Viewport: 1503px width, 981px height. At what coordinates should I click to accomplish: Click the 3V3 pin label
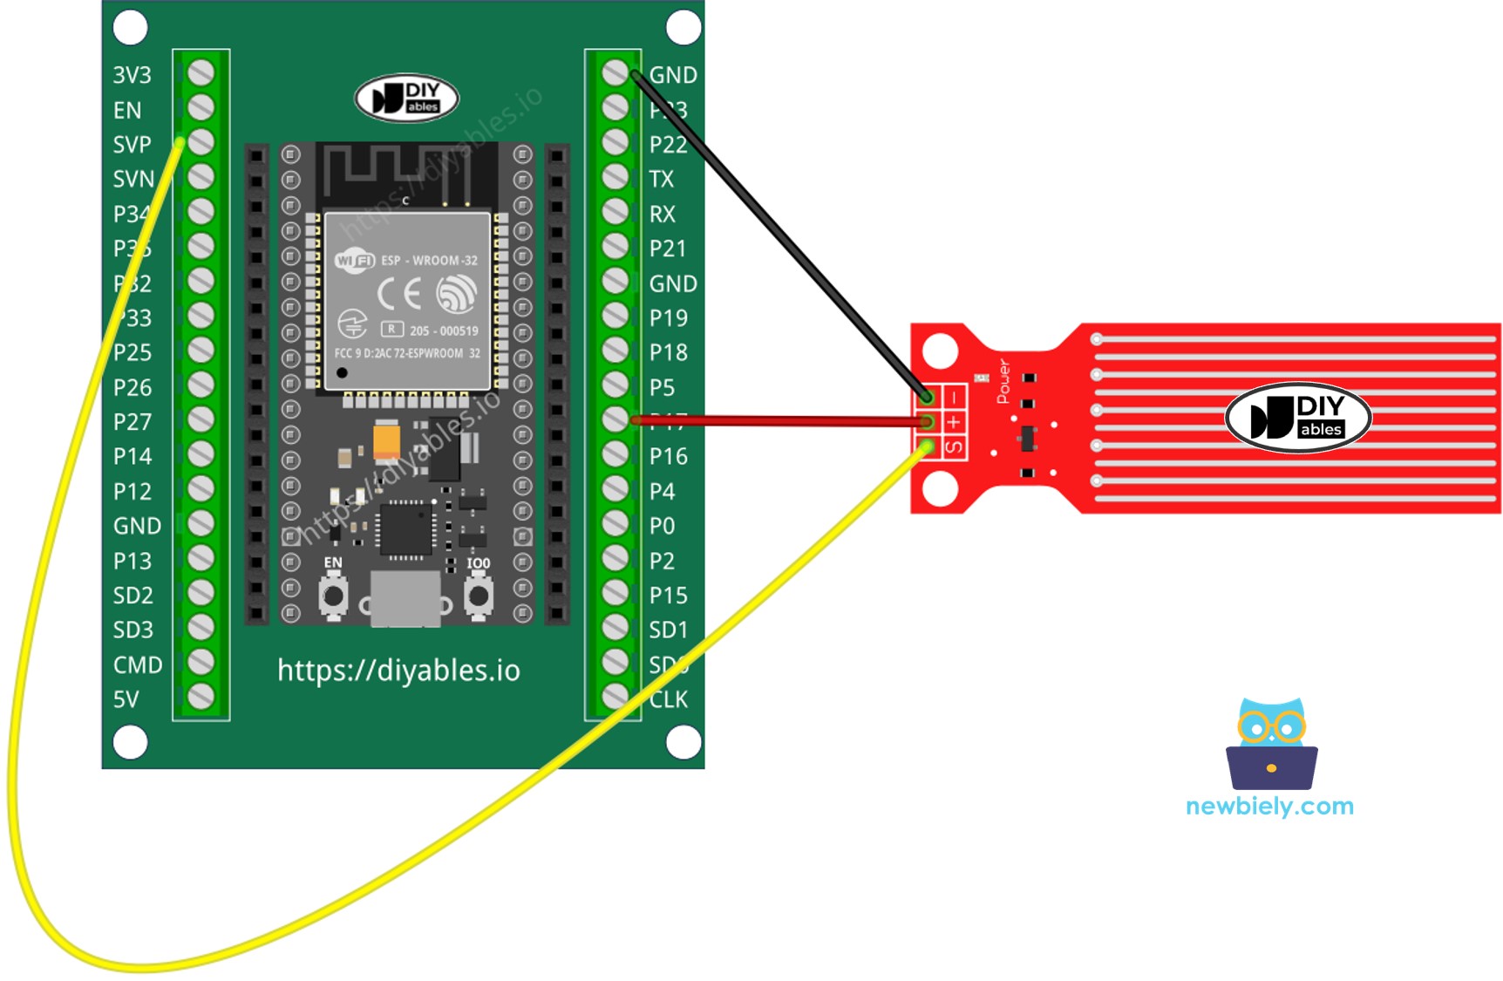pyautogui.click(x=132, y=75)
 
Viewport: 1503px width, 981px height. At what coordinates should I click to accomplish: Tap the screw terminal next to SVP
pyautogui.click(x=201, y=142)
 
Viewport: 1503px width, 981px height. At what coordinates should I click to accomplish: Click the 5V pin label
pyautogui.click(x=126, y=699)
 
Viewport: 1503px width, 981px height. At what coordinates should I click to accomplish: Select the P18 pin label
pyautogui.click(x=668, y=352)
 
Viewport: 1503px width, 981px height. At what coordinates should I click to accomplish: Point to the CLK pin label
pyautogui.click(x=669, y=699)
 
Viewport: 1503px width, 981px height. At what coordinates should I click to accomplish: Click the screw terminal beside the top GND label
pyautogui.click(x=615, y=73)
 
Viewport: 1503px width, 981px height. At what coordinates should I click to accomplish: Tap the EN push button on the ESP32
pyautogui.click(x=333, y=596)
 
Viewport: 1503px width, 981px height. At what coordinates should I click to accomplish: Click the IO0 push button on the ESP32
pyautogui.click(x=478, y=596)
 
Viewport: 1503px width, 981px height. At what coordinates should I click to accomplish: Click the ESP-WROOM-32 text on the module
pyautogui.click(x=429, y=260)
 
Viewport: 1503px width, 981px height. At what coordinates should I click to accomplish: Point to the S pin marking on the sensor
pyautogui.click(x=955, y=447)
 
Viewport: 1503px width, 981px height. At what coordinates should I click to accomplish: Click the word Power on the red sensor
pyautogui.click(x=1003, y=381)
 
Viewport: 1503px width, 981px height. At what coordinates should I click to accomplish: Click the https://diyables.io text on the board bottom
pyautogui.click(x=398, y=671)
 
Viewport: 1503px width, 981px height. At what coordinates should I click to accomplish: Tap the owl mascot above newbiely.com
pyautogui.click(x=1271, y=743)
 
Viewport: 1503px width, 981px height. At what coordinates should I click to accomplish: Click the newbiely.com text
pyautogui.click(x=1269, y=806)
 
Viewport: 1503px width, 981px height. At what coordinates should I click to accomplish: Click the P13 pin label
pyautogui.click(x=133, y=561)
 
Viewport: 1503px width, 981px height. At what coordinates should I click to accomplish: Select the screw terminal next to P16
pyautogui.click(x=615, y=454)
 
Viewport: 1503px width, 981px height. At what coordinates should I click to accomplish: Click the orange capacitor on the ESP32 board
pyautogui.click(x=386, y=440)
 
